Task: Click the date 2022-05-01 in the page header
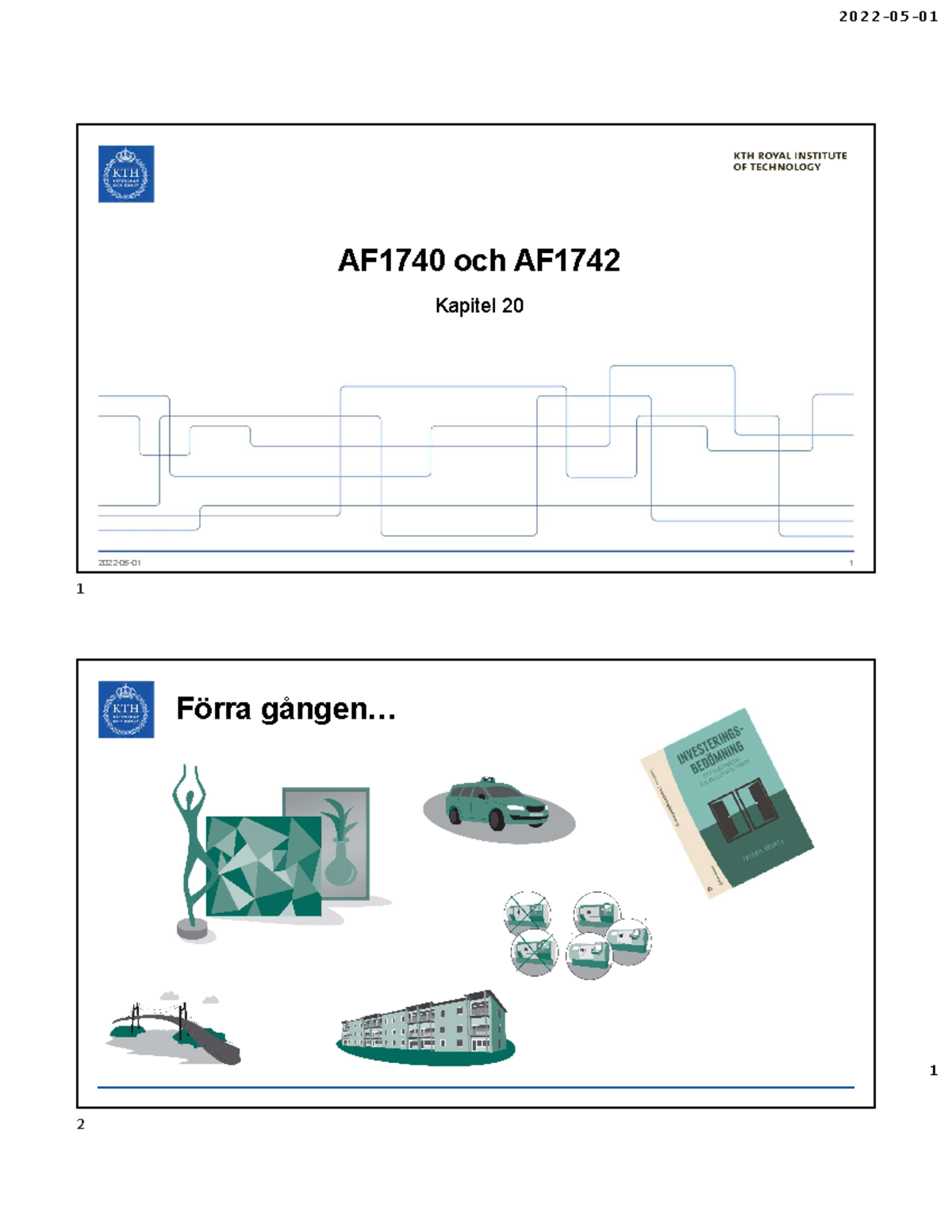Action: tap(888, 17)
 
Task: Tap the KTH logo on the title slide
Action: tap(126, 174)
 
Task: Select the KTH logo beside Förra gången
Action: tap(126, 709)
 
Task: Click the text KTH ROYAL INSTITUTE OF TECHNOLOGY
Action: tap(789, 161)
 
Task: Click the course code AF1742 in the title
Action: tap(567, 260)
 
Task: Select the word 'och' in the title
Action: tap(479, 260)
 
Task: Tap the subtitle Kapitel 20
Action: tap(479, 305)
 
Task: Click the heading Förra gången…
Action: tap(286, 708)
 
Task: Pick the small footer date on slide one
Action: tap(120, 562)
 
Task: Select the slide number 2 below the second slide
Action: tap(80, 1124)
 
